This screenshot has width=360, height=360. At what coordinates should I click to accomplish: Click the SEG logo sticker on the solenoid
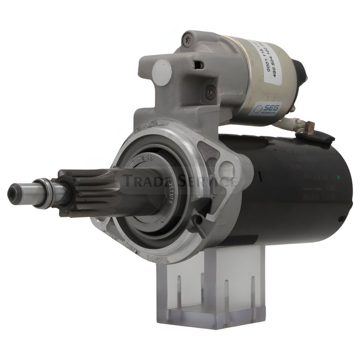coord(266,108)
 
